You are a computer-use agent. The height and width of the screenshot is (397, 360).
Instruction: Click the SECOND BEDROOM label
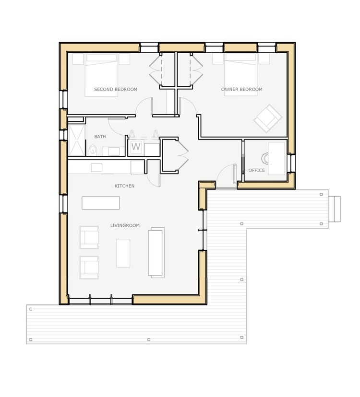(x=116, y=89)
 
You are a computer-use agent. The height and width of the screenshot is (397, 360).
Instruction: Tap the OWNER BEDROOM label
(x=241, y=89)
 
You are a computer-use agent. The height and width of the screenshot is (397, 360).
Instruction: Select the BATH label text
(x=100, y=137)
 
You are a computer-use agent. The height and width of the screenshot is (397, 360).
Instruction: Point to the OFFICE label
(x=257, y=170)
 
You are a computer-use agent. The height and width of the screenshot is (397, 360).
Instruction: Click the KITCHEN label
(x=124, y=186)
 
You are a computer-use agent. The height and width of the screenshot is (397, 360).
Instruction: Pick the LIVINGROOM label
(x=125, y=226)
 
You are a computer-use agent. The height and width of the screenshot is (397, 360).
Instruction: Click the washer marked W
(x=136, y=147)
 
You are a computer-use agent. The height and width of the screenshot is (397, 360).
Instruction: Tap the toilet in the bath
(x=93, y=150)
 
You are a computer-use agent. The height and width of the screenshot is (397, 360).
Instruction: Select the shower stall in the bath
(x=77, y=140)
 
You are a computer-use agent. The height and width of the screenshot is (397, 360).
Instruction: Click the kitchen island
(x=101, y=203)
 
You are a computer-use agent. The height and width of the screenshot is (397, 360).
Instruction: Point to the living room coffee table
(x=123, y=253)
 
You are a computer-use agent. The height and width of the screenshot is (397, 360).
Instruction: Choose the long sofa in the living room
(x=156, y=252)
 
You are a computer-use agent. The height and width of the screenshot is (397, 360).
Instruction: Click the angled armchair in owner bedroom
(x=268, y=118)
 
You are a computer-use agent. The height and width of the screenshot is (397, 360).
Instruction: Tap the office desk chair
(x=265, y=159)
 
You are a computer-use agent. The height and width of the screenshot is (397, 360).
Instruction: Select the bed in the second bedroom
(x=101, y=75)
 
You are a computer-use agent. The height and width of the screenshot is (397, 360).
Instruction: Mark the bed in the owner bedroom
(x=240, y=75)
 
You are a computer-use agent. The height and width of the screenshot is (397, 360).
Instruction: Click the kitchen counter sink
(x=96, y=168)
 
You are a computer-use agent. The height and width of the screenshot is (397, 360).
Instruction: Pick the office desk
(x=276, y=158)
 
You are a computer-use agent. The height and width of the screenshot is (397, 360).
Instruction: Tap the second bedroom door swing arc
(x=141, y=105)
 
